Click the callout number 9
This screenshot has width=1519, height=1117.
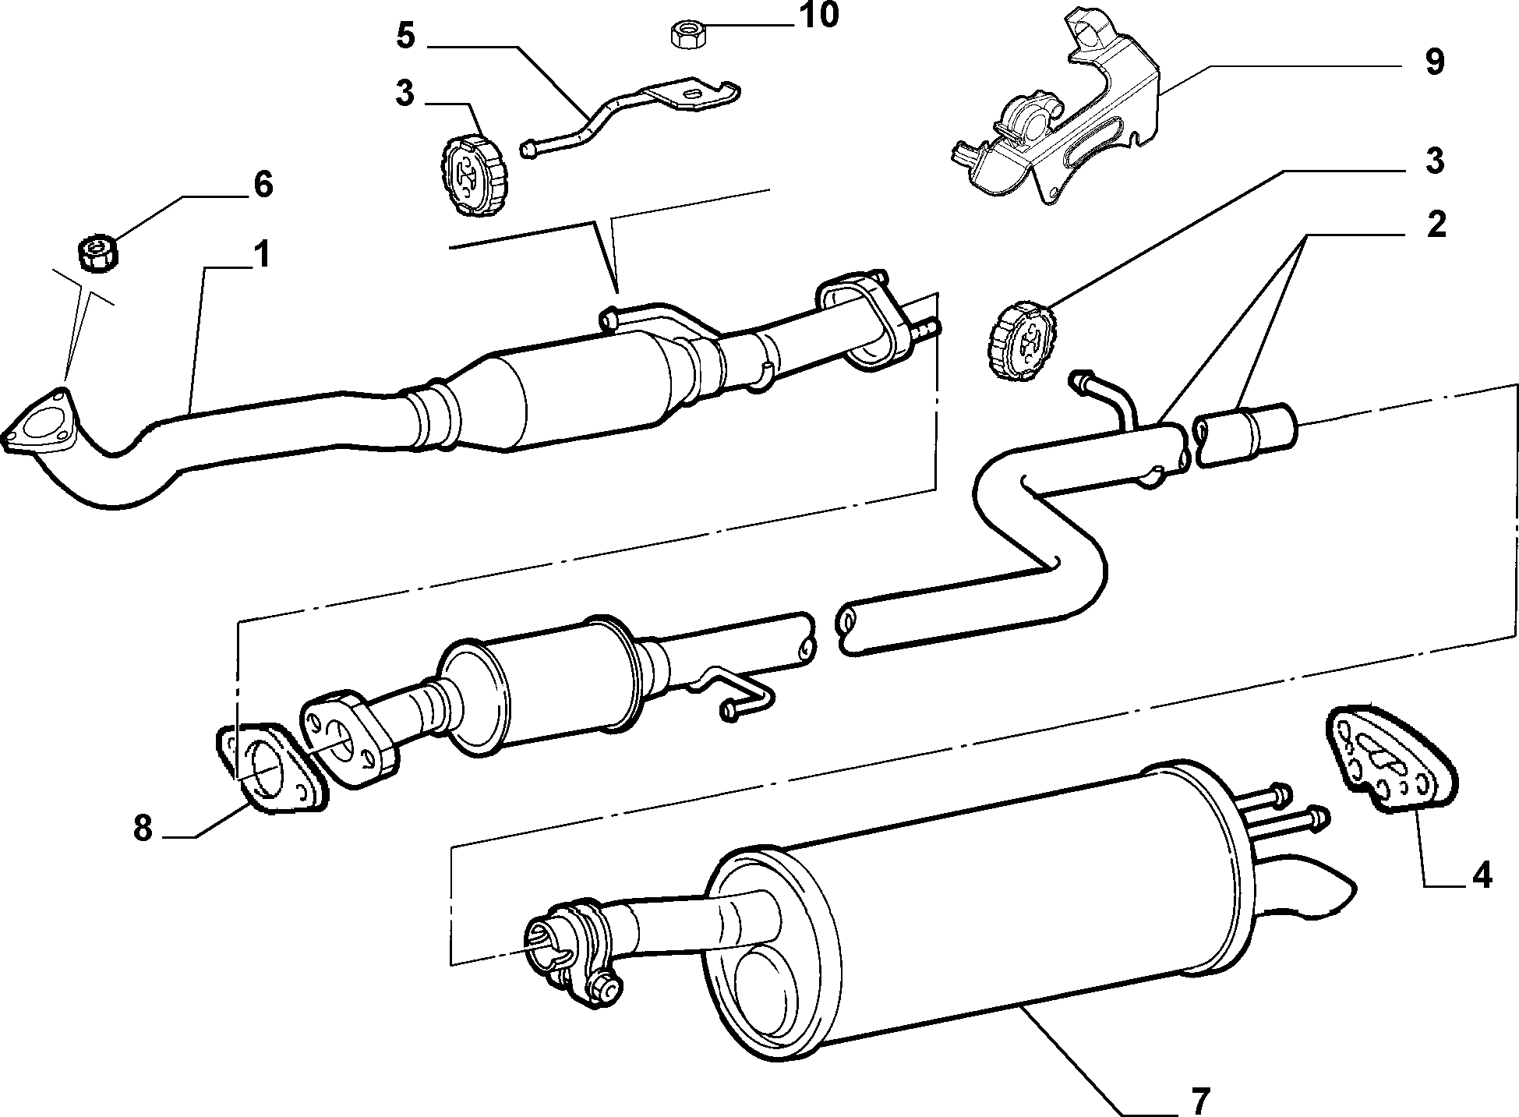pyautogui.click(x=1434, y=62)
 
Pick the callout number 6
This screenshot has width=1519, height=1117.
pyautogui.click(x=263, y=186)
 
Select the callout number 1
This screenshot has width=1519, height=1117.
pyautogui.click(x=262, y=255)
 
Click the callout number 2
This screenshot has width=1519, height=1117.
pyautogui.click(x=1434, y=224)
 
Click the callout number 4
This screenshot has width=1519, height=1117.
pyautogui.click(x=1480, y=875)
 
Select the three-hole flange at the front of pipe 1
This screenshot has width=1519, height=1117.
pyautogui.click(x=39, y=425)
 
